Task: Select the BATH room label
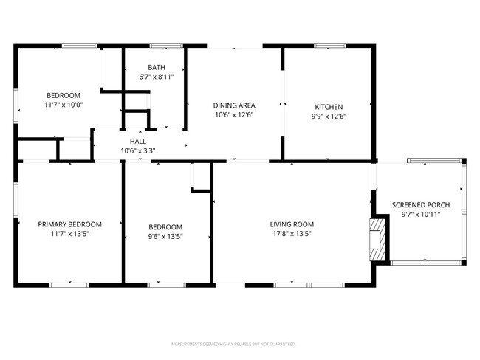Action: click(156, 67)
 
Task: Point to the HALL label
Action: click(138, 141)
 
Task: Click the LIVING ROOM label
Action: click(292, 225)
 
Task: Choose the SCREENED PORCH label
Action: click(420, 205)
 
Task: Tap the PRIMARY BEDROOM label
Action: click(70, 224)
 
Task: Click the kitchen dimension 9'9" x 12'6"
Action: click(329, 116)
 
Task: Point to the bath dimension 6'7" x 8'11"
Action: click(156, 77)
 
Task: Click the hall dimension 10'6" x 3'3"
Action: click(138, 150)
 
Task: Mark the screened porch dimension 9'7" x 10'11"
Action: click(420, 215)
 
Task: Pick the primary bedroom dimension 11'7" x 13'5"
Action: click(70, 235)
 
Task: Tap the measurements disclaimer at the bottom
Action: click(233, 344)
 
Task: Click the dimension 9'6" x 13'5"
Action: click(165, 237)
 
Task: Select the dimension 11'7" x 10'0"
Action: click(64, 105)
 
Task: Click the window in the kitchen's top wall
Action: click(331, 46)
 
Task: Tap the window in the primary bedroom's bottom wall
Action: click(70, 283)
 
